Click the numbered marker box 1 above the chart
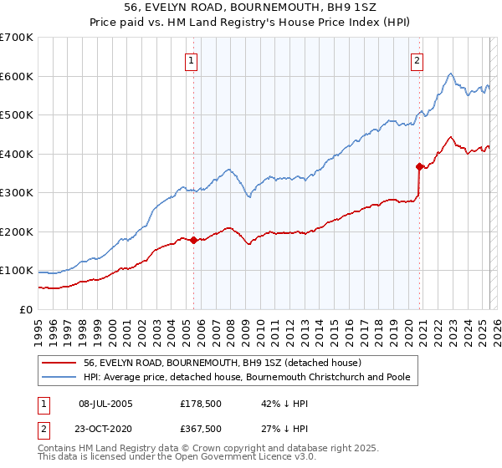[x=192, y=60]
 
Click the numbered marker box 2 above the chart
[x=417, y=60]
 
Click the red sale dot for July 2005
[x=193, y=240]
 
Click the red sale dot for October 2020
[x=419, y=166]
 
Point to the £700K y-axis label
[x=17, y=38]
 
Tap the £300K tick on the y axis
[x=17, y=193]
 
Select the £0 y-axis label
[x=25, y=309]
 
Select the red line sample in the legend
[x=59, y=363]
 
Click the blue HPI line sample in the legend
[x=59, y=377]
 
